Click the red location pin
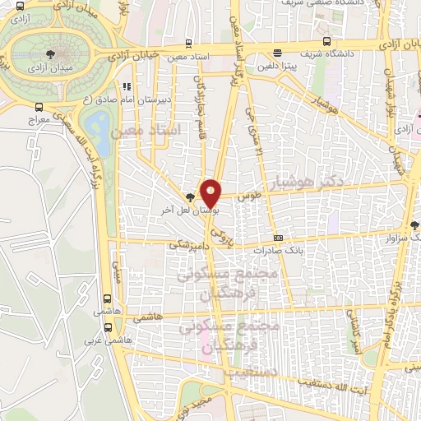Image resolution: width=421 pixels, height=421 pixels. coord(211,192)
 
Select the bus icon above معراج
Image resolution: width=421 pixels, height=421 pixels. coord(39,107)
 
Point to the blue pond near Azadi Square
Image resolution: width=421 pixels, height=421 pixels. coord(99,127)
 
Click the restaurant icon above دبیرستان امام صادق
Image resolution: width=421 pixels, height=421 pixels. coord(126,86)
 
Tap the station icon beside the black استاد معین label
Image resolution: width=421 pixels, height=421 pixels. coord(190,44)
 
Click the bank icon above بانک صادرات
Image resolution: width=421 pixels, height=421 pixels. coord(278,238)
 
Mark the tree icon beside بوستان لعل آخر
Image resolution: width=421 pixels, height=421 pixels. coord(191,197)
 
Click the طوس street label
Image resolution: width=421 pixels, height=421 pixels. coord(249,197)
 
